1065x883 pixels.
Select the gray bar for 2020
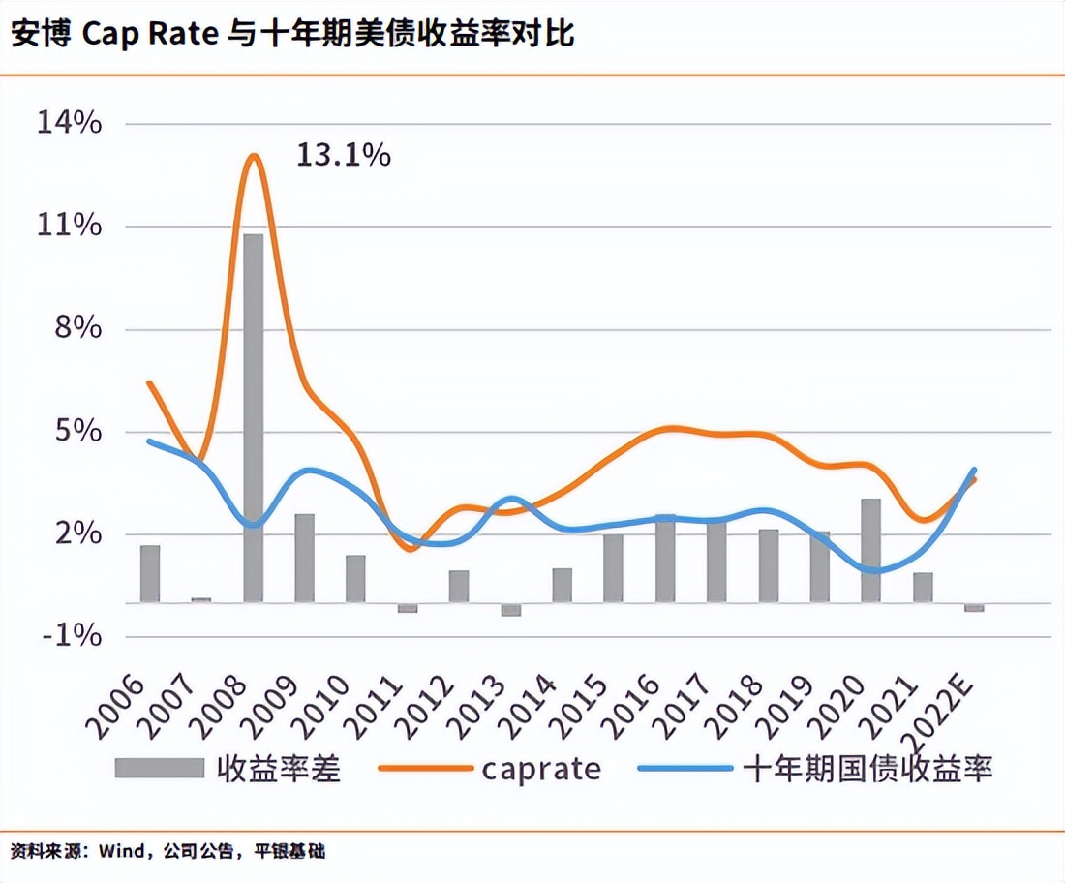point(871,550)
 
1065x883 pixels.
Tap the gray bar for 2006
point(150,573)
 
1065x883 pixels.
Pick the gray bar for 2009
point(304,558)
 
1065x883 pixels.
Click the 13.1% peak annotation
point(343,155)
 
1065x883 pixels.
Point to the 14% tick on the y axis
point(69,123)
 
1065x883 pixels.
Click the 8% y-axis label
point(76,328)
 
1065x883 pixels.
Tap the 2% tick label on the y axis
point(76,533)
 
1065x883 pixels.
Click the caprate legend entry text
point(541,769)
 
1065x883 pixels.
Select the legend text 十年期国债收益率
point(868,769)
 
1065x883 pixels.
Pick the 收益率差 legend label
point(279,769)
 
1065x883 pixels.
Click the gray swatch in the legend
point(159,768)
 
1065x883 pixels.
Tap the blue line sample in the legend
point(685,768)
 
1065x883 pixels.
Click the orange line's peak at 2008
point(254,155)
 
